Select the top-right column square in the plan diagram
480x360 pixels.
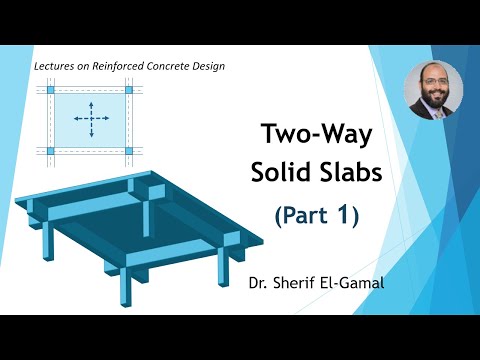tap(128, 91)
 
